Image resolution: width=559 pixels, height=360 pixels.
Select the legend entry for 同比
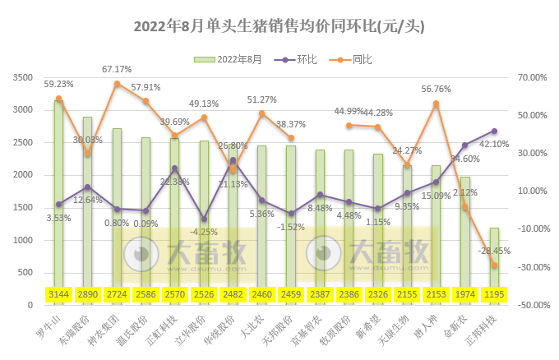pos(362,59)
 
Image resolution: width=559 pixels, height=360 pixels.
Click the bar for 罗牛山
pos(58,197)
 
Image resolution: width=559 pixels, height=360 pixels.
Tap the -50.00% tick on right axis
pos(530,305)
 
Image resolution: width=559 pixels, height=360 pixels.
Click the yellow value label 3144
pos(58,294)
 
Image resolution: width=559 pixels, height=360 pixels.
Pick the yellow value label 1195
pos(494,294)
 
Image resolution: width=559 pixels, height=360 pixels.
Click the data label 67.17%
pos(117,69)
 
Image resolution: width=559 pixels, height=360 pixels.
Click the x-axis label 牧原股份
pos(344,325)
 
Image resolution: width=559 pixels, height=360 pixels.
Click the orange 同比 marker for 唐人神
pos(436,104)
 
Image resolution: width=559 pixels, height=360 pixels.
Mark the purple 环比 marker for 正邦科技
pos(494,131)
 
